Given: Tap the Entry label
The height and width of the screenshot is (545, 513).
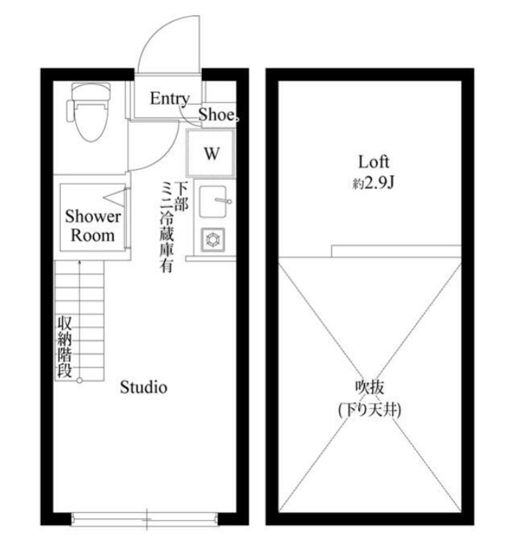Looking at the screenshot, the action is click(x=170, y=99).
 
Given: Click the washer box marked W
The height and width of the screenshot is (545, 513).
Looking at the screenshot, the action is click(x=211, y=153).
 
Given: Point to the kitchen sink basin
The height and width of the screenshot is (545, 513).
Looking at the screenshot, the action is click(x=213, y=202).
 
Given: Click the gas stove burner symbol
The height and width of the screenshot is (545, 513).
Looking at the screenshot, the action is click(x=213, y=240).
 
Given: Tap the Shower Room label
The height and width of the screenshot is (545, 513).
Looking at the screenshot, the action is click(x=92, y=226).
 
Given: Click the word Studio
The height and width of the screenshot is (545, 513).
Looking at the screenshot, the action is click(x=143, y=387).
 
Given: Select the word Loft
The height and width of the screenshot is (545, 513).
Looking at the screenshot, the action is click(x=373, y=162).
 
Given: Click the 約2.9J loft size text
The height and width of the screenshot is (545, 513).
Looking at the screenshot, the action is click(x=373, y=183).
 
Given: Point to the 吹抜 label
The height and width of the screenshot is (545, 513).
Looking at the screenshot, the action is click(x=369, y=387).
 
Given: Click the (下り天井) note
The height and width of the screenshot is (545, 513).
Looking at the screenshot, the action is click(x=370, y=409).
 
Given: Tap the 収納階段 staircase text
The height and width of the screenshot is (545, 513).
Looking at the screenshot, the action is click(x=64, y=347).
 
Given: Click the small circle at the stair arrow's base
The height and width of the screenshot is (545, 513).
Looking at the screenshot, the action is click(x=80, y=381).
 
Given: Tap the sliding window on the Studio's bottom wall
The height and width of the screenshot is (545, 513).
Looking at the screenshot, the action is click(x=145, y=519).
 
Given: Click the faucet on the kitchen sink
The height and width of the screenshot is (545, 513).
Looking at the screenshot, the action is click(x=223, y=201).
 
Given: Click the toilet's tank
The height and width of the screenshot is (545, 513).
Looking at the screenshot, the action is click(x=91, y=91).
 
